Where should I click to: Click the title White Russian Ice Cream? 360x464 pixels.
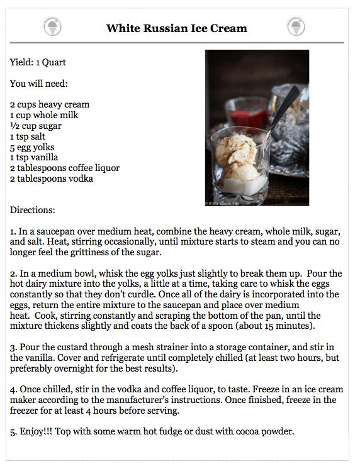pyautogui.click(x=176, y=28)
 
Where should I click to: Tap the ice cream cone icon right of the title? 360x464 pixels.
pyautogui.click(x=296, y=27)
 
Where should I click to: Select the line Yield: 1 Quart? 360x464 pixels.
pyautogui.click(x=38, y=62)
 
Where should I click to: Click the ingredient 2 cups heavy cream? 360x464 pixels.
pyautogui.click(x=50, y=104)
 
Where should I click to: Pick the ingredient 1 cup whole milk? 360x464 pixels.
pyautogui.click(x=44, y=115)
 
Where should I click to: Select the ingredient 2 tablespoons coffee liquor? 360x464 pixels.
pyautogui.click(x=65, y=168)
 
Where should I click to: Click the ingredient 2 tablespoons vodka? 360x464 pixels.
pyautogui.click(x=52, y=179)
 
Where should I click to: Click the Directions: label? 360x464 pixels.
pyautogui.click(x=33, y=209)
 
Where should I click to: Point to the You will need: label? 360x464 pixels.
pyautogui.click(x=39, y=83)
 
